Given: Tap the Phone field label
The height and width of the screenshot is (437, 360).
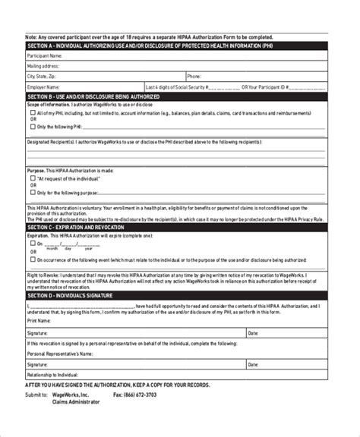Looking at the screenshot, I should pyautogui.click(x=194, y=77).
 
